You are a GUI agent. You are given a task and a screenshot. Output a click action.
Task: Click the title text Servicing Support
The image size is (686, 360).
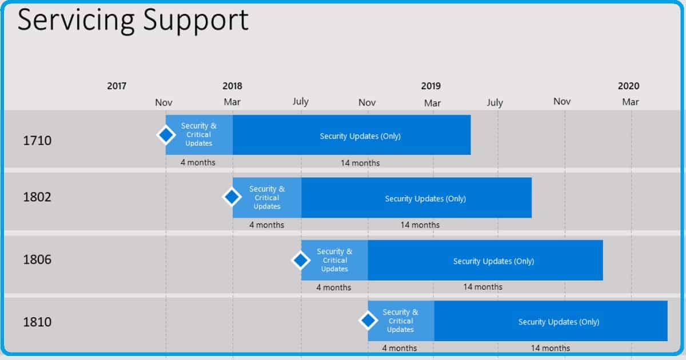(x=133, y=20)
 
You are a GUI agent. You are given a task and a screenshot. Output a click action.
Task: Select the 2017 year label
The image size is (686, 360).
(x=117, y=86)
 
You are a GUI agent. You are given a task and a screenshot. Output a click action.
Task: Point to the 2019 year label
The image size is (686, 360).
(x=431, y=86)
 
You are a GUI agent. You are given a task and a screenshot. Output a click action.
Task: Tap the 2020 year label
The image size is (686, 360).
(x=628, y=86)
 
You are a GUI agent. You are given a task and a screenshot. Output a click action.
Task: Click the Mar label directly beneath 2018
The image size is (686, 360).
(x=232, y=102)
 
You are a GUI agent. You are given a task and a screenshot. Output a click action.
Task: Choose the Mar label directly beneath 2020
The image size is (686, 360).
(x=630, y=102)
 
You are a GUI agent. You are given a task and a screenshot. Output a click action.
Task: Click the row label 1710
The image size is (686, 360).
(x=37, y=141)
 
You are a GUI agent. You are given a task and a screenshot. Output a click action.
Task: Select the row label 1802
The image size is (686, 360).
(x=37, y=198)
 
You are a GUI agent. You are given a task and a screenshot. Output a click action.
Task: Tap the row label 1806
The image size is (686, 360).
(x=37, y=260)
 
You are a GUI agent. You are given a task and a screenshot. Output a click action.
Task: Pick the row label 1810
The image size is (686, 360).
(x=37, y=322)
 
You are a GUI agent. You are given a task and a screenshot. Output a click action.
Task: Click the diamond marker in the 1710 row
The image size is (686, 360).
(x=166, y=135)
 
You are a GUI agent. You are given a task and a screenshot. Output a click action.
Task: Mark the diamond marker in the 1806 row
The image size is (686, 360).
(x=301, y=261)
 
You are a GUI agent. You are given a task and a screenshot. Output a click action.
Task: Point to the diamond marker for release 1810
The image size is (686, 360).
(x=368, y=321)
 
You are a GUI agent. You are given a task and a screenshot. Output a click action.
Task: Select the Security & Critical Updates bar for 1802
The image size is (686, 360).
(x=267, y=198)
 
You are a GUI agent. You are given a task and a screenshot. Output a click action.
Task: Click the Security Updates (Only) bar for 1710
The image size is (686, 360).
(x=360, y=136)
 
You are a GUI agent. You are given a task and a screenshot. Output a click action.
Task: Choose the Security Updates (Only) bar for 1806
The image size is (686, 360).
(x=493, y=261)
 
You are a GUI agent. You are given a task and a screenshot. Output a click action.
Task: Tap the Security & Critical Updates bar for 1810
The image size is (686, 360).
(x=401, y=321)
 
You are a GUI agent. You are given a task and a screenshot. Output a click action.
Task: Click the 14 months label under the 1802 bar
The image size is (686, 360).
(x=420, y=225)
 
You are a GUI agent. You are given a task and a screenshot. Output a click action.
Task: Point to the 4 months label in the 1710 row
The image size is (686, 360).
(x=198, y=163)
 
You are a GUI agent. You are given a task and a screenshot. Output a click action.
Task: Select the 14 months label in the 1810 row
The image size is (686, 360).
(x=551, y=348)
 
